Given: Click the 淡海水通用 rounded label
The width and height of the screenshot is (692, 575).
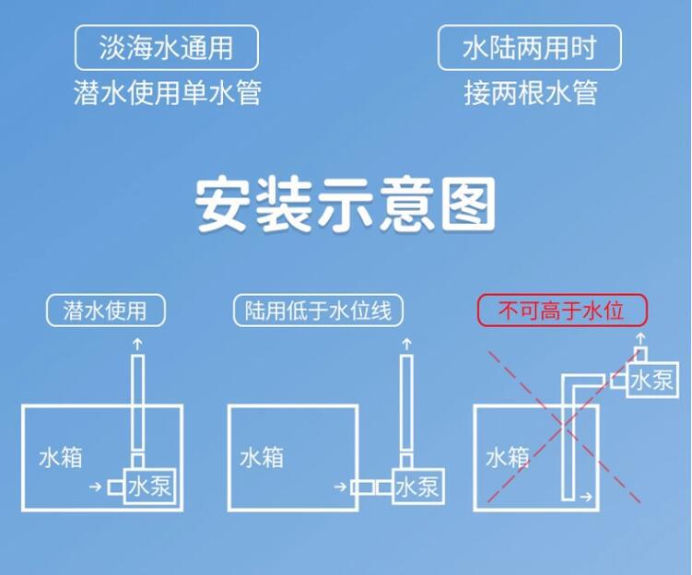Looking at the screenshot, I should coord(166,48).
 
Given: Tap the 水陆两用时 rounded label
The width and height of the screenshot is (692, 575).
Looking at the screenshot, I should coord(529,48).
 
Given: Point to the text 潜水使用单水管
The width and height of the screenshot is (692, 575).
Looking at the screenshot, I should coord(166,93).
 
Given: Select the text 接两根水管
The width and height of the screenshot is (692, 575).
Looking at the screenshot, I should coord(530,93).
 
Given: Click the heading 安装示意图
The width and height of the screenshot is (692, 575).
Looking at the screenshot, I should coord(346,206).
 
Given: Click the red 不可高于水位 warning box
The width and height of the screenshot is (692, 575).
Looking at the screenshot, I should coord(561,311).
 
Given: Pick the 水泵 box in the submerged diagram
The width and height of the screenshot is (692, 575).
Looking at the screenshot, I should coord(150,485).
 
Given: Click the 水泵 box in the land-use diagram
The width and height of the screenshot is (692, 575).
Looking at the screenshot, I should coord(417,486).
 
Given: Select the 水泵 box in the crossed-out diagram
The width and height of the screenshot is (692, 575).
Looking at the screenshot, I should coord(651,380).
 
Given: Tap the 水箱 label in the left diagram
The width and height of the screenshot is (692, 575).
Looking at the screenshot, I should coord(61,457).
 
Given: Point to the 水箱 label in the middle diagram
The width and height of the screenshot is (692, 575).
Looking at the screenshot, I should coord(262,457).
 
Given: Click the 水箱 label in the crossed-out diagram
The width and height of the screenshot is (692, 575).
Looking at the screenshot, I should coord(508,457).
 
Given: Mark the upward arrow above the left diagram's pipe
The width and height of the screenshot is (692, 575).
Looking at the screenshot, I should coord(138,343).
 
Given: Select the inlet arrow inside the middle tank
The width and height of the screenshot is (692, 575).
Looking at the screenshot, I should coord(340,486).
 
